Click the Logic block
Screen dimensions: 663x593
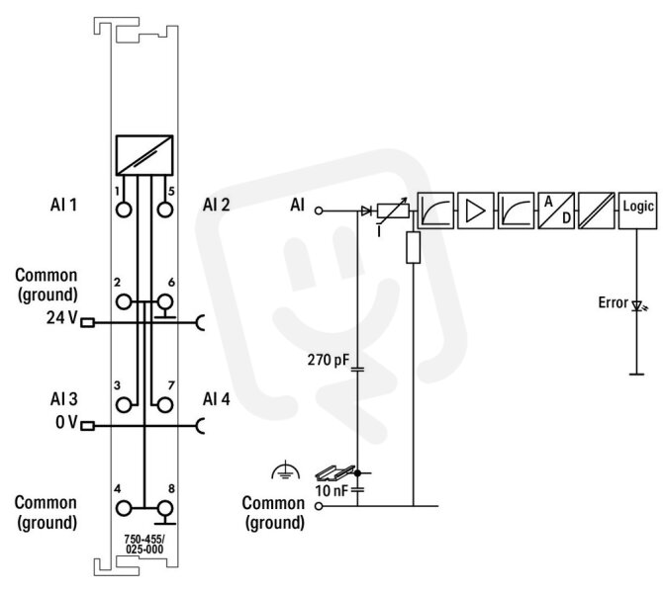click(x=637, y=211)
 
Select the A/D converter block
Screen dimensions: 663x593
click(x=556, y=211)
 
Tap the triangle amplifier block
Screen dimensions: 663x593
click(x=476, y=211)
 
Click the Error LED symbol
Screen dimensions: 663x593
click(x=638, y=305)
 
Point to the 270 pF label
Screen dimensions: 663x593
click(x=329, y=360)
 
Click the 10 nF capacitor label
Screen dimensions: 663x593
click(x=331, y=491)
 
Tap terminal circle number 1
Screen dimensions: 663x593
click(x=124, y=210)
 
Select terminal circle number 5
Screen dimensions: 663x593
click(x=165, y=210)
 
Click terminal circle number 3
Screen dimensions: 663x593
click(x=124, y=405)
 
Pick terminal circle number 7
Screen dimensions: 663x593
click(x=165, y=405)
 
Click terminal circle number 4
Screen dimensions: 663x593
click(x=124, y=509)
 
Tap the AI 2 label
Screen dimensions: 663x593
click(x=216, y=205)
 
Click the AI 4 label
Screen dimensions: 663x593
click(x=216, y=399)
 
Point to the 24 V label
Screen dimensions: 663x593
click(x=61, y=317)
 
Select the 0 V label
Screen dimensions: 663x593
click(x=66, y=421)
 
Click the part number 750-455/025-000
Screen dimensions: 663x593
click(x=144, y=544)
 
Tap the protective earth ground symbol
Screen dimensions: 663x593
click(x=285, y=470)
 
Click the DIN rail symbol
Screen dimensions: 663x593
click(x=334, y=472)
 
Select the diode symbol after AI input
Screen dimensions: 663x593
click(x=366, y=211)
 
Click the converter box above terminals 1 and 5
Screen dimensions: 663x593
click(x=144, y=155)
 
